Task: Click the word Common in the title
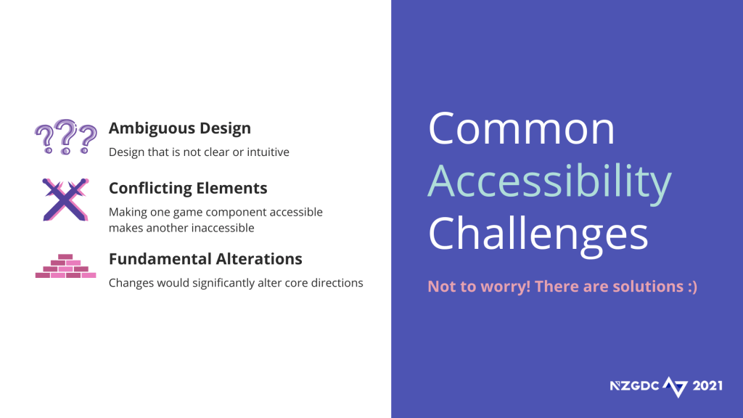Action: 521,128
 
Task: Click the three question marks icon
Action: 66,137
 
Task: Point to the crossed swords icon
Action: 65,200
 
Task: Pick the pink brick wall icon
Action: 65,266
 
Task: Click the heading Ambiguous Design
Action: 180,128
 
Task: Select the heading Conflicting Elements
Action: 188,188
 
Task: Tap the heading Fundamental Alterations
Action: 205,259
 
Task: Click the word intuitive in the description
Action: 268,152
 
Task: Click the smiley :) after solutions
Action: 691,287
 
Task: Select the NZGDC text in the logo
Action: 634,386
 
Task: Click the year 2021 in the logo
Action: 707,386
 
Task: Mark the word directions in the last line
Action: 340,283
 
